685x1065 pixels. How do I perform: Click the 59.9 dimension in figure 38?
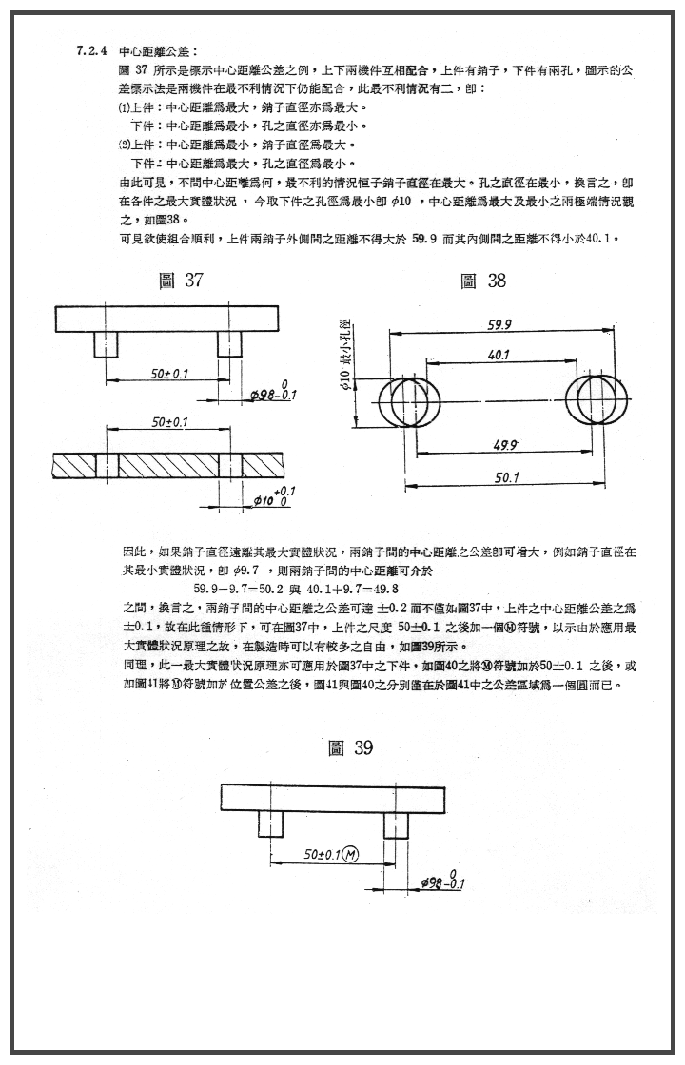(x=499, y=325)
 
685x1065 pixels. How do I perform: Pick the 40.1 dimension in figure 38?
(x=498, y=354)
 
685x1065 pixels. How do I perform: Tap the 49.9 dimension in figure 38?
(x=505, y=445)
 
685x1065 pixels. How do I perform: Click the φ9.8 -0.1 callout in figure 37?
(x=273, y=391)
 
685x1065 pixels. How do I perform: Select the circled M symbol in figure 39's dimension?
(x=350, y=854)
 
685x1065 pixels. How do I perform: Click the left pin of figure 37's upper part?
(x=105, y=344)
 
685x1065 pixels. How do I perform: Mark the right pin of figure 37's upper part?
(x=229, y=344)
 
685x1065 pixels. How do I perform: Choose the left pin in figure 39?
(x=271, y=823)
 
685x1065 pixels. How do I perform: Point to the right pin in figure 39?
(x=396, y=823)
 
